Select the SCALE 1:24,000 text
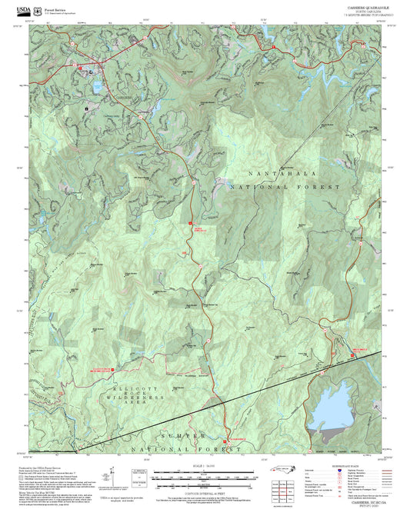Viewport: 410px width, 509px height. pos(205,467)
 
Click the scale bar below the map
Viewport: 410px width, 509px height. pos(205,477)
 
